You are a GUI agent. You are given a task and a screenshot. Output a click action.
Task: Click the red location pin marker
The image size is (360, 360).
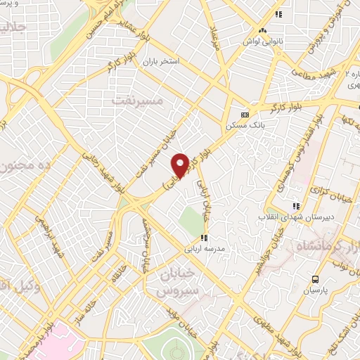coord(180,165)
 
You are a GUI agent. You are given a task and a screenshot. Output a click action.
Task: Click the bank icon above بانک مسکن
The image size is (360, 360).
coord(245,114)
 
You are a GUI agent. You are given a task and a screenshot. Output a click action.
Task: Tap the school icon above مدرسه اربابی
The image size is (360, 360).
coord(204,238)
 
